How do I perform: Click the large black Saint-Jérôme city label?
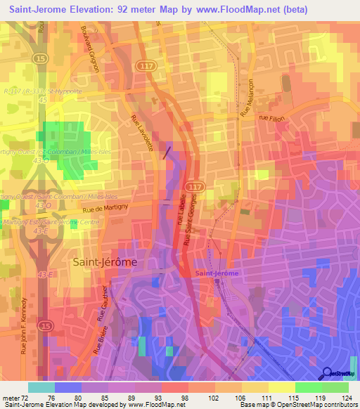(104, 261)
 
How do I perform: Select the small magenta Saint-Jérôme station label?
(217, 273)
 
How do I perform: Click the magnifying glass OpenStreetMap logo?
(327, 374)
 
